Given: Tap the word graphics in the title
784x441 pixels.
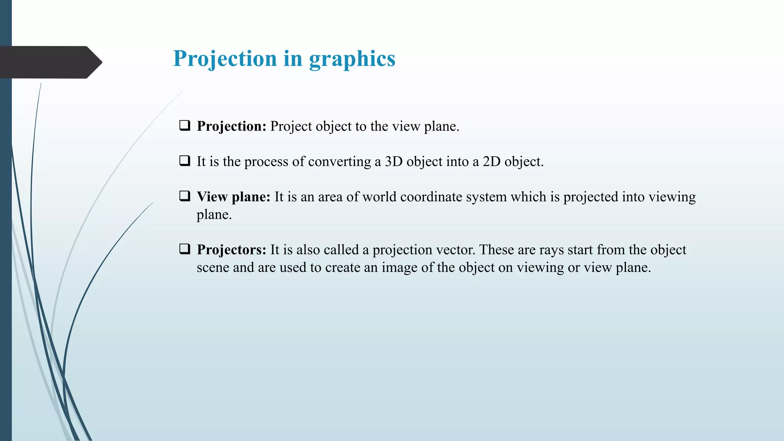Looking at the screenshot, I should coord(352,59).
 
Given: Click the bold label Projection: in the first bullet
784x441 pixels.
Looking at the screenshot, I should coord(231,126).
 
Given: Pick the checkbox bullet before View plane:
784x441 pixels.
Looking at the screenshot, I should coord(185,196).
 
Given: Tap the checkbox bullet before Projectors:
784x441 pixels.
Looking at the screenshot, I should coord(185,249).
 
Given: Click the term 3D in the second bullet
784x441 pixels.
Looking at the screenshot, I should coord(394,162).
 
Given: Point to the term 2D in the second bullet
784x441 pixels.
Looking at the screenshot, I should coord(492,162).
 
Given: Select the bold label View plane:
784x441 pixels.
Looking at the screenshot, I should coord(234,197).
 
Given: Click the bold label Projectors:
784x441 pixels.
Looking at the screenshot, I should coord(231,250).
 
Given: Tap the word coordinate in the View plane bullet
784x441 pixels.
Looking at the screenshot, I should coord(431,197).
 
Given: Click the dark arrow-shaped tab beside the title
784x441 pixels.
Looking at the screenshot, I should coord(50,62).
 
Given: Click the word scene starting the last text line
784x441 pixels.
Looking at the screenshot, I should coord(213,268).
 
